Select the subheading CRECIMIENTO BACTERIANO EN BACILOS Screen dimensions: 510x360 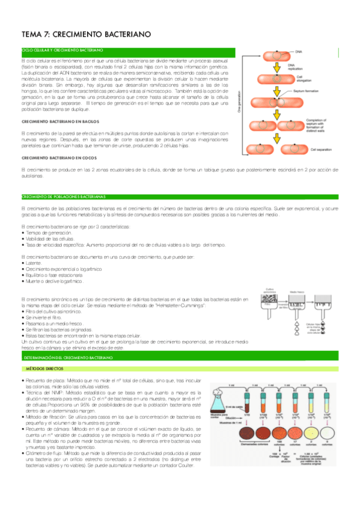coord(59,122)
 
